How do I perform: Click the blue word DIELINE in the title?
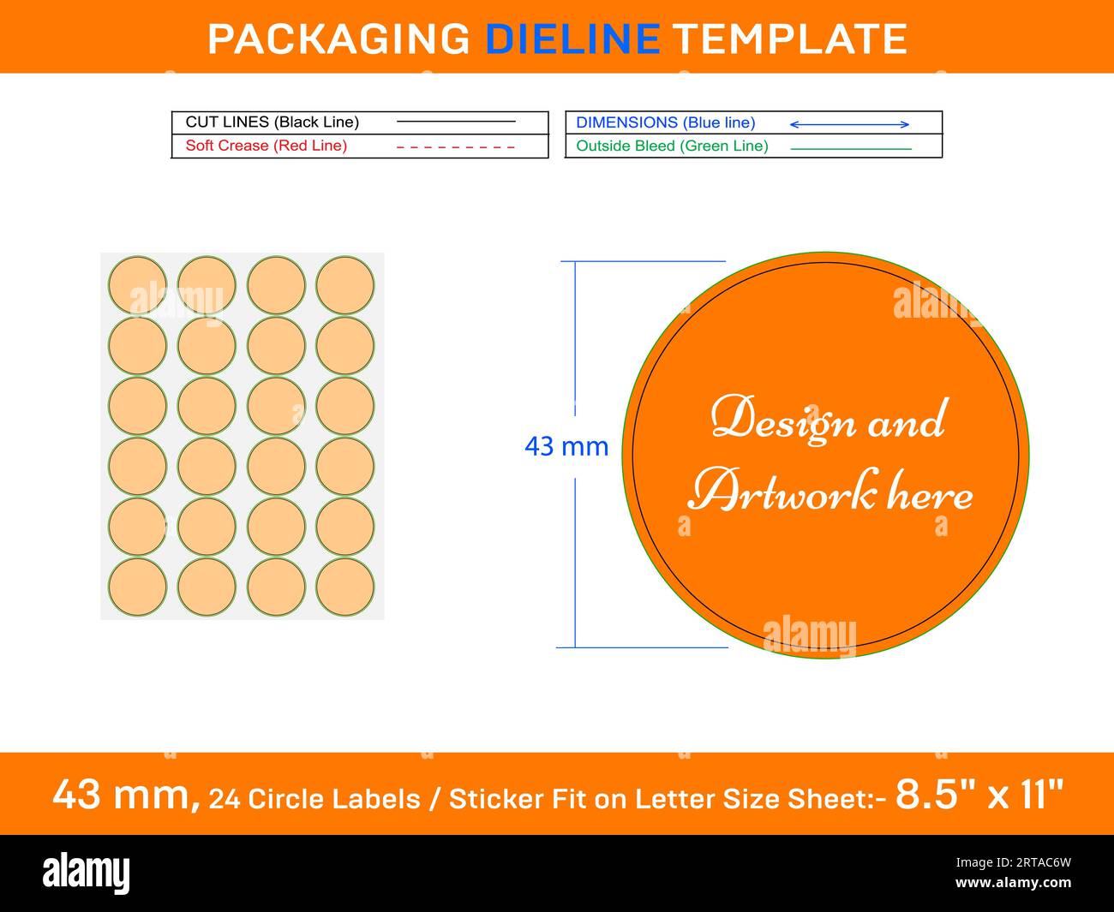[x=572, y=39]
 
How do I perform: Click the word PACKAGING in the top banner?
[x=338, y=39]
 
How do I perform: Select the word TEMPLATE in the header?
[x=789, y=39]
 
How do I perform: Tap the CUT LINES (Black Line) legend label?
[x=273, y=122]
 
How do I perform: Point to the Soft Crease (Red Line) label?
[x=267, y=146]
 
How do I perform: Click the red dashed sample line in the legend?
[x=456, y=147]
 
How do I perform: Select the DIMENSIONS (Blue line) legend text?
[x=666, y=123]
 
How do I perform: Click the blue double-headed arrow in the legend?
[x=849, y=125]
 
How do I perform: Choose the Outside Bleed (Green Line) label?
[x=672, y=146]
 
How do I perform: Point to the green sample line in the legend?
[x=850, y=149]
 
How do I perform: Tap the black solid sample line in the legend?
[x=456, y=122]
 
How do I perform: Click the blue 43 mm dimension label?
[x=566, y=446]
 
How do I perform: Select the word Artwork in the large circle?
[x=784, y=492]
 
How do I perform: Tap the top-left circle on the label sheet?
[x=138, y=284]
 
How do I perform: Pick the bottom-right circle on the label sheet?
[x=345, y=587]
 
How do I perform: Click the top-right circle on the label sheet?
[x=345, y=284]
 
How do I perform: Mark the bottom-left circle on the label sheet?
[x=138, y=587]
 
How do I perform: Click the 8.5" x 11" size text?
[x=979, y=795]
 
